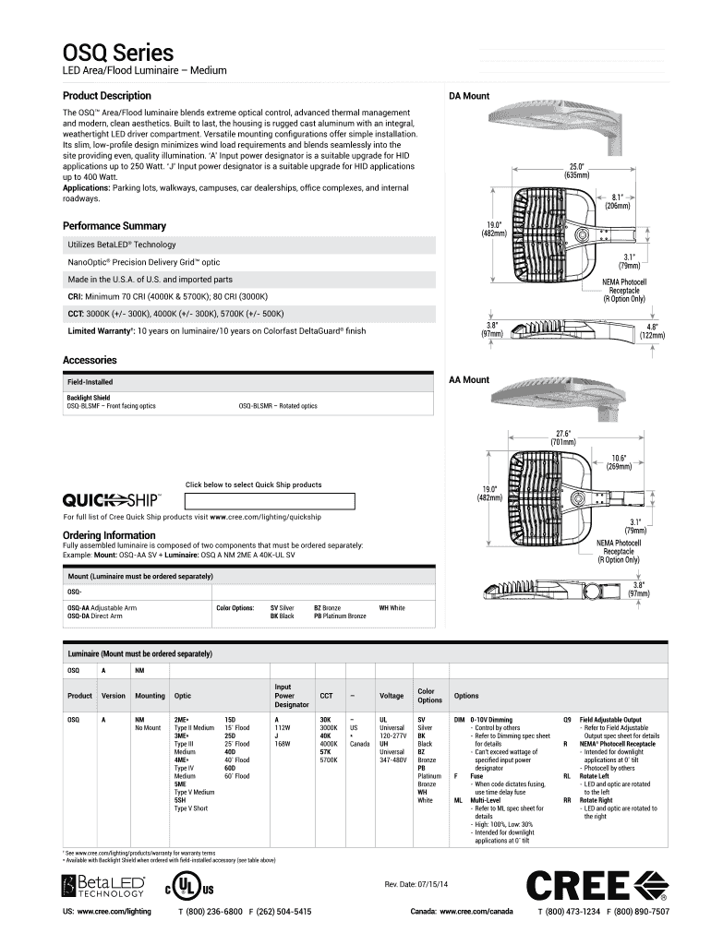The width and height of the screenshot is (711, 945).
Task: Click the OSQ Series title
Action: pyautogui.click(x=117, y=53)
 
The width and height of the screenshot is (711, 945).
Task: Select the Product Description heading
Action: pyautogui.click(x=106, y=96)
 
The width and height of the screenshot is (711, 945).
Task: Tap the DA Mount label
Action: pyautogui.click(x=469, y=96)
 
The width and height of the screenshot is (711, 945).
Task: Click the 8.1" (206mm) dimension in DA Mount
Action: pyautogui.click(x=618, y=201)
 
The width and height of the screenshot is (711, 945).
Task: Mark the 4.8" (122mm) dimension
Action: pyautogui.click(x=652, y=330)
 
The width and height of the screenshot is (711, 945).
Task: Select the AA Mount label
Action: pyautogui.click(x=469, y=379)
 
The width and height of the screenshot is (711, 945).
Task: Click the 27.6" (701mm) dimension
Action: pyautogui.click(x=563, y=437)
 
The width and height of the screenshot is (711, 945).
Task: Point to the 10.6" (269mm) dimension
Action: pyautogui.click(x=619, y=462)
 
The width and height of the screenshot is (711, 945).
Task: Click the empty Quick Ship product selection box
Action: pyautogui.click(x=271, y=501)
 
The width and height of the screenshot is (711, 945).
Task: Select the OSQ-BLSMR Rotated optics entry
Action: pyautogui.click(x=277, y=406)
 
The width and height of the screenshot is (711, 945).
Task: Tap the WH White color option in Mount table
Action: pyautogui.click(x=392, y=609)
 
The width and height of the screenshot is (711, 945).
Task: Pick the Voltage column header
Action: pyautogui.click(x=392, y=696)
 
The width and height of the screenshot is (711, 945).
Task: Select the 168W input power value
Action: pyautogui.click(x=283, y=743)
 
